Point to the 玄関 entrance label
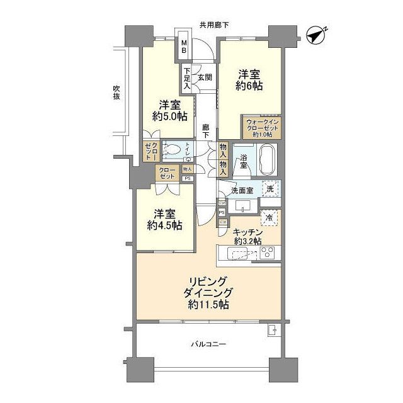tap(205, 77)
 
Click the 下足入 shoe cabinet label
tap(186, 77)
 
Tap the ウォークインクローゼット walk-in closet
tap(261, 128)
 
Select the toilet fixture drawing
tap(174, 150)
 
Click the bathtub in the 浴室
tap(267, 156)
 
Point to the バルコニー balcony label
tap(208, 344)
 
